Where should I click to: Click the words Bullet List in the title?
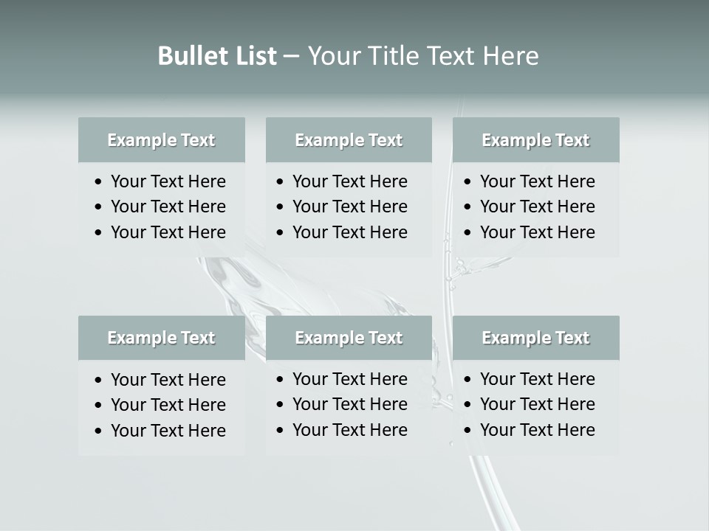point(216,56)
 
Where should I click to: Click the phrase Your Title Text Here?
point(422,56)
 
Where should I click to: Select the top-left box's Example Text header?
point(161,140)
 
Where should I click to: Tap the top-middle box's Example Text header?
point(349,140)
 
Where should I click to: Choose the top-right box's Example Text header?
point(535,140)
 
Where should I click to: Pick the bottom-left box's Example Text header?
point(161,338)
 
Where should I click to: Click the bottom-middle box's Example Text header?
point(349,338)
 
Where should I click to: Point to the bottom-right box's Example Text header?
point(535,338)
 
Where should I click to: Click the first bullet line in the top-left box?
point(168,181)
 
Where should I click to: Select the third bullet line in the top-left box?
point(168,232)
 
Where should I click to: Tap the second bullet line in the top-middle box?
point(349,206)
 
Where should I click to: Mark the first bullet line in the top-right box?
point(537,181)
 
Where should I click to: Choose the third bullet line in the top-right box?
point(537,232)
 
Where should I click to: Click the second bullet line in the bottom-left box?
point(168,405)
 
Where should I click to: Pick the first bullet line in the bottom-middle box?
point(349,379)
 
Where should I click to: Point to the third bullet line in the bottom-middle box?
point(349,430)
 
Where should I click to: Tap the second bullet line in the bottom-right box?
point(537,404)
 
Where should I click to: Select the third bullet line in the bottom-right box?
point(537,430)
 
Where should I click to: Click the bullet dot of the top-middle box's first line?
point(280,182)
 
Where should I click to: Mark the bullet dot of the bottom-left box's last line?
point(98,431)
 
